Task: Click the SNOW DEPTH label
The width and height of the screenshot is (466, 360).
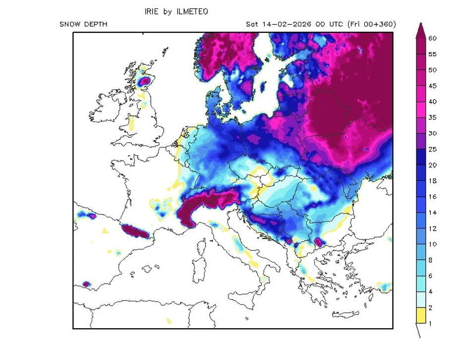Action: pyautogui.click(x=83, y=24)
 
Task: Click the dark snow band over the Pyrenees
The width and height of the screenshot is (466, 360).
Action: pyautogui.click(x=134, y=231)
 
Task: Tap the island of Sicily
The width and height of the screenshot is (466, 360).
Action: pyautogui.click(x=243, y=300)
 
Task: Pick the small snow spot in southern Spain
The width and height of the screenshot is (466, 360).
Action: pyautogui.click(x=87, y=284)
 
